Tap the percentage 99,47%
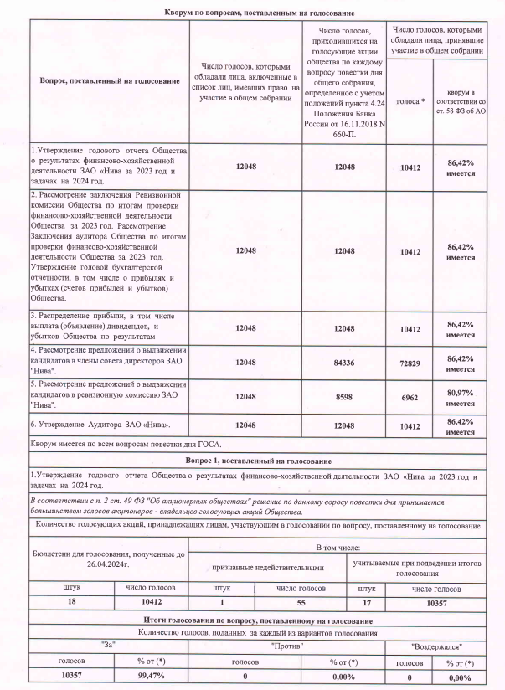(x=153, y=676)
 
